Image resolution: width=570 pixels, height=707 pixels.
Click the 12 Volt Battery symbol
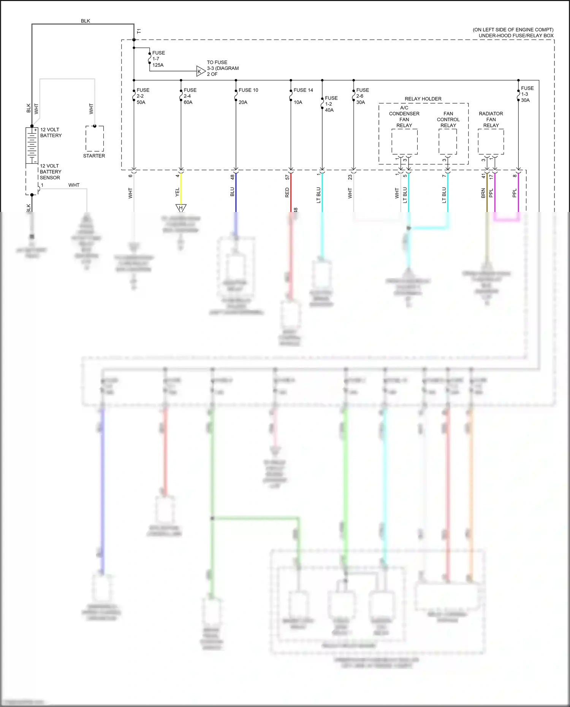pos(32,145)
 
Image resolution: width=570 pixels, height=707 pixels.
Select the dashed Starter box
pos(95,139)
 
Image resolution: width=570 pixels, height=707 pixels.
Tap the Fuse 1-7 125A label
pos(158,59)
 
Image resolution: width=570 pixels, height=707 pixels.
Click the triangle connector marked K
pos(200,71)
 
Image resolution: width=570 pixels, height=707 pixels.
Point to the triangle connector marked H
pos(181,208)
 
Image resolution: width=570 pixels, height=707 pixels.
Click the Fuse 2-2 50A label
pos(142,96)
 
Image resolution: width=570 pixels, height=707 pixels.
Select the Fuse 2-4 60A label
pos(190,96)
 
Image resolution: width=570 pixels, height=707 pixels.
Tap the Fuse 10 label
pos(248,90)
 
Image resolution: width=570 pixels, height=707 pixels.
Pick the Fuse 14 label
pos(303,90)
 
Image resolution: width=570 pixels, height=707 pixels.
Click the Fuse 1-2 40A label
pos(331,104)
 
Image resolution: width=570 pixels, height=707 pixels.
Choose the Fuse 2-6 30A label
pos(362,96)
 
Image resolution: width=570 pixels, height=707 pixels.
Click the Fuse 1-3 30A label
pos(527,94)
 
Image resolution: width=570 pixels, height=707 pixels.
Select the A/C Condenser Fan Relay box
pos(404,142)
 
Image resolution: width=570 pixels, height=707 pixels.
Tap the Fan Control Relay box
pos(448,142)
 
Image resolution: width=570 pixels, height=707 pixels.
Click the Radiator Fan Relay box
pos(491,142)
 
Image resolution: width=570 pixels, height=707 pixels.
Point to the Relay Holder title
pos(423,99)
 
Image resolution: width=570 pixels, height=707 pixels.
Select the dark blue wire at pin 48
pos(236,192)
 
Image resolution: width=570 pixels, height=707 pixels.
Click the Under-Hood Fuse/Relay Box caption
pos(516,36)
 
